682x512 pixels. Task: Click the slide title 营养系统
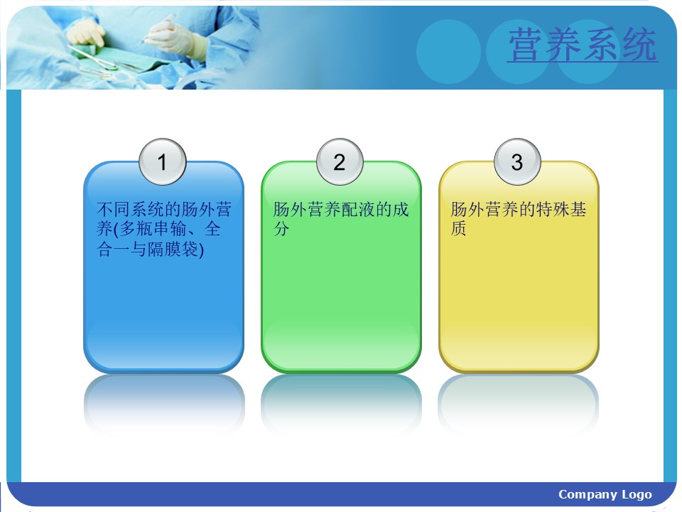click(x=583, y=44)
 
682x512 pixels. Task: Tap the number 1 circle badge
click(x=163, y=161)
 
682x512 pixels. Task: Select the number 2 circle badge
click(x=340, y=161)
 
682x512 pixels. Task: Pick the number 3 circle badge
click(x=517, y=161)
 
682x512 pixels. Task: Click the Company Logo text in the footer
click(x=605, y=495)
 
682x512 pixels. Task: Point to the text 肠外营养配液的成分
click(x=341, y=218)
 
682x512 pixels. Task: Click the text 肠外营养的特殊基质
click(x=519, y=218)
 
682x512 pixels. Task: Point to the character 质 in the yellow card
click(x=458, y=228)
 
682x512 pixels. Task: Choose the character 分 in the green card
click(x=281, y=228)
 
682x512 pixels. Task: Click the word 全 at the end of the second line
click(x=212, y=228)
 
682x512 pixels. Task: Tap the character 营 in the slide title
click(x=527, y=44)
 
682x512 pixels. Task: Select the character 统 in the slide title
click(x=639, y=44)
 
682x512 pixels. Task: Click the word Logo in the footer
click(x=637, y=495)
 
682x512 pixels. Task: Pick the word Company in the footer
click(x=588, y=495)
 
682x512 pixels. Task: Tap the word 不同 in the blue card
click(x=113, y=209)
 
